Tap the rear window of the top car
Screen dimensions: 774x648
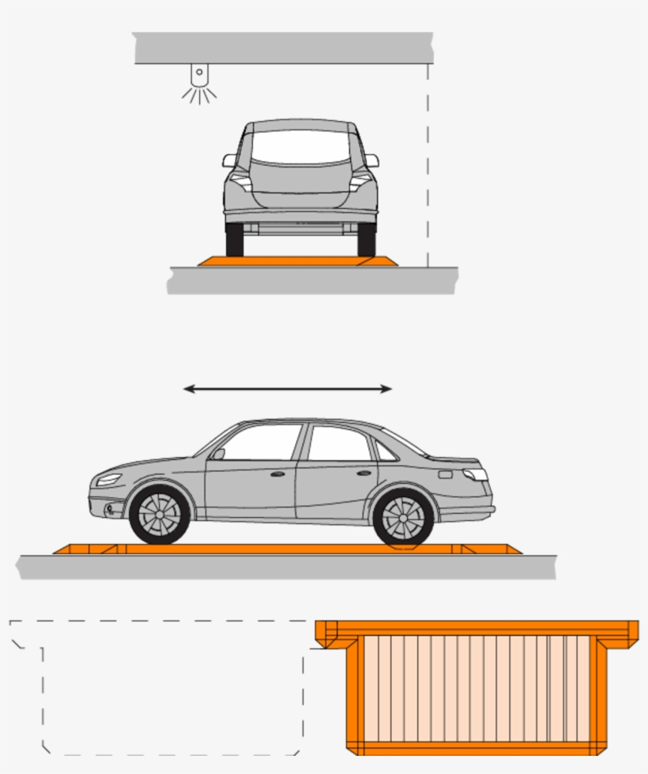[x=301, y=148]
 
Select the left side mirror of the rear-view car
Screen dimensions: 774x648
[x=229, y=160]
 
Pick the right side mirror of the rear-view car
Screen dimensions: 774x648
[x=371, y=160]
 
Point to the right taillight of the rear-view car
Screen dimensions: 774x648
[x=361, y=181]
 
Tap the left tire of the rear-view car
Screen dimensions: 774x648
[x=235, y=240]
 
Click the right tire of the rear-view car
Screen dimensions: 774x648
[x=366, y=240]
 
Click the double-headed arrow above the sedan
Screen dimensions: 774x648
[x=288, y=388]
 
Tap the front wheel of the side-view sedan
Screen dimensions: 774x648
[x=160, y=515]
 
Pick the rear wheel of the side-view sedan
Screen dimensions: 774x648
[x=403, y=518]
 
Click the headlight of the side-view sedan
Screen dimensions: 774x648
[x=109, y=479]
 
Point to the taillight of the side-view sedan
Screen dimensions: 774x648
[x=475, y=474]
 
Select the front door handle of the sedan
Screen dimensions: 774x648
[x=277, y=474]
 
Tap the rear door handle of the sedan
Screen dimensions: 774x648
[x=364, y=473]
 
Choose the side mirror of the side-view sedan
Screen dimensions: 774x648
[x=218, y=454]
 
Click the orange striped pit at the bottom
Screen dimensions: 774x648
[x=477, y=688]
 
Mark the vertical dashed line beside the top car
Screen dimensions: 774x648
[x=428, y=166]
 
